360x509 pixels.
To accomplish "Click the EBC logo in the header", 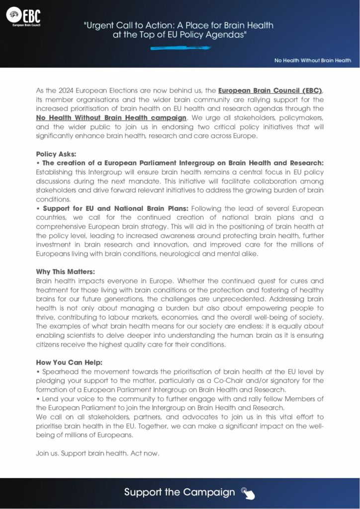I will (23, 18).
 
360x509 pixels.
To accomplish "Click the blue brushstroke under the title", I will (180, 48).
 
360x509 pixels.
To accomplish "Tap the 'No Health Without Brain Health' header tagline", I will (313, 61).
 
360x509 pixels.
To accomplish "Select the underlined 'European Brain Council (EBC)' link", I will (270, 90).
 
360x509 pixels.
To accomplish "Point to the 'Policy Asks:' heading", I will (57, 154).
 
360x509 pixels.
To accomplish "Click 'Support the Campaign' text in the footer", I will (180, 492).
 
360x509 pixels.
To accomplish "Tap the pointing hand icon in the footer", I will (248, 493).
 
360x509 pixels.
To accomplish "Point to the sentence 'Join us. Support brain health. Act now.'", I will (97, 453).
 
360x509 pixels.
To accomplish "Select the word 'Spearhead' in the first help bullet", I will (55, 371).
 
